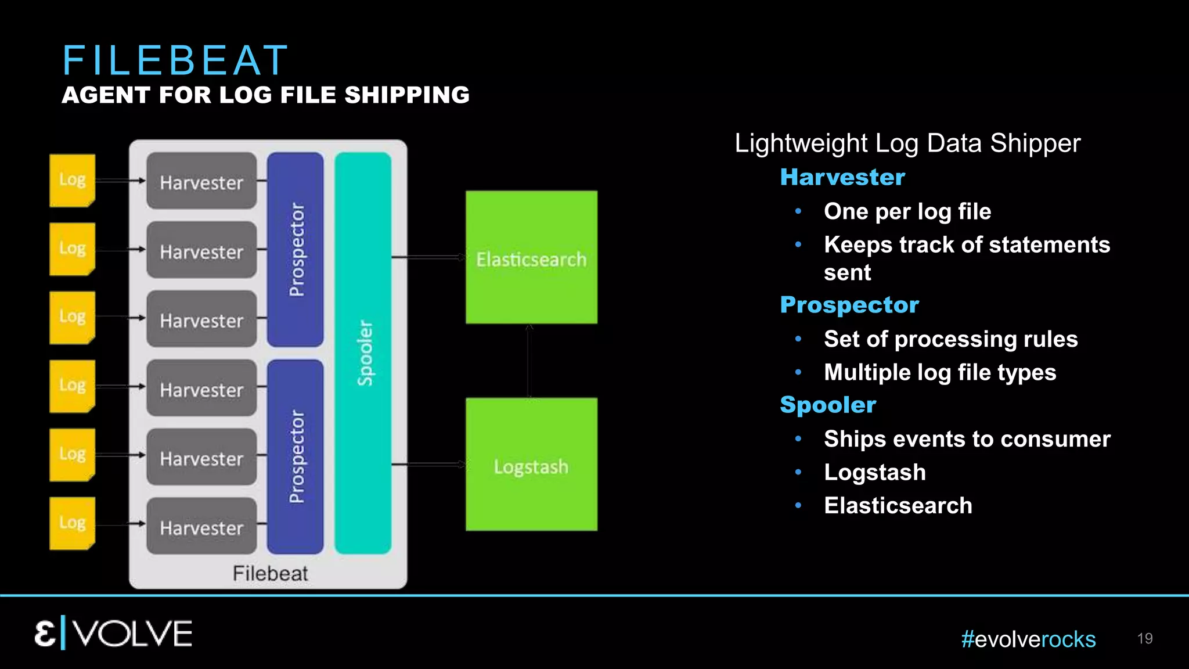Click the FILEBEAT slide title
175,60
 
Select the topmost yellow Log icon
72,180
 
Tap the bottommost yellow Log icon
72,523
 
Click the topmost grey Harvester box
201,181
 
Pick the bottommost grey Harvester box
201,526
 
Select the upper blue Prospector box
296,250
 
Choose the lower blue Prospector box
296,456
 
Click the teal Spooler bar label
364,353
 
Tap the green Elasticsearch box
531,257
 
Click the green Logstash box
531,465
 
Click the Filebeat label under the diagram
270,573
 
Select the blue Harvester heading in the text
842,177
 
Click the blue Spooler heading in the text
828,405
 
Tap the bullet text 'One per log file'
907,211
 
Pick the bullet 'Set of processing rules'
950,339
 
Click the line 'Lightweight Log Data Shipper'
907,143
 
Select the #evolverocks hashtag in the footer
1028,639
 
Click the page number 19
1145,638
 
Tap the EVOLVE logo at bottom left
113,633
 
